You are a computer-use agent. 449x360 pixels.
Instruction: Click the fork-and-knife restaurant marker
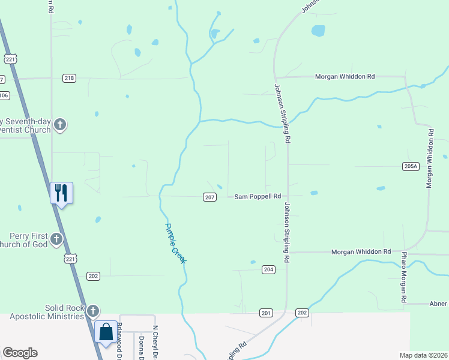point(61,193)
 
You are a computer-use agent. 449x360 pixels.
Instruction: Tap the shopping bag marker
point(106,332)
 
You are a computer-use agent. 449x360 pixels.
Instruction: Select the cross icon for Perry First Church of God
point(56,240)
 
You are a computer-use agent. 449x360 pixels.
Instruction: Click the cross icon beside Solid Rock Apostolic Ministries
point(92,311)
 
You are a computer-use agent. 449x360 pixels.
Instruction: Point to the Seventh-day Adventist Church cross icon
point(59,125)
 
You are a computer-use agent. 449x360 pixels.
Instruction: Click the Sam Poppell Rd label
point(258,196)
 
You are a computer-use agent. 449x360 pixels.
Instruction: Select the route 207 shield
point(209,197)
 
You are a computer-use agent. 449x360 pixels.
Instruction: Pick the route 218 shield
point(69,78)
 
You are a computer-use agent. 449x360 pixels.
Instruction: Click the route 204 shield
point(268,270)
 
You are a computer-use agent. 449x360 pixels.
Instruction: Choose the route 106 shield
point(4,95)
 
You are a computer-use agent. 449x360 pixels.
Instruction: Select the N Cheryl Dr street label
point(155,341)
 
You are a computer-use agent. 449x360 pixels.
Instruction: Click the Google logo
point(20,353)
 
